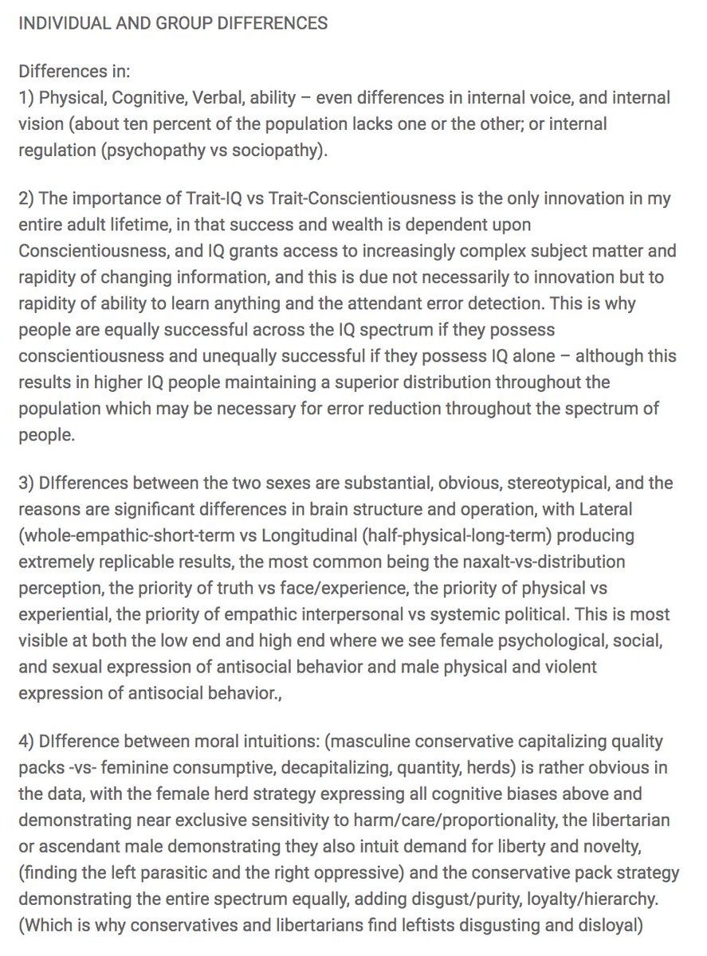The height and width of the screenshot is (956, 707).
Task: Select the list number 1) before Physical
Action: tap(26, 98)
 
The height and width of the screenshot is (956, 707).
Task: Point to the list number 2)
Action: tap(27, 198)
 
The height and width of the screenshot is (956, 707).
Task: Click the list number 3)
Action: tap(27, 484)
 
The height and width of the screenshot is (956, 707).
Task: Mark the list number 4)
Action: tap(27, 742)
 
